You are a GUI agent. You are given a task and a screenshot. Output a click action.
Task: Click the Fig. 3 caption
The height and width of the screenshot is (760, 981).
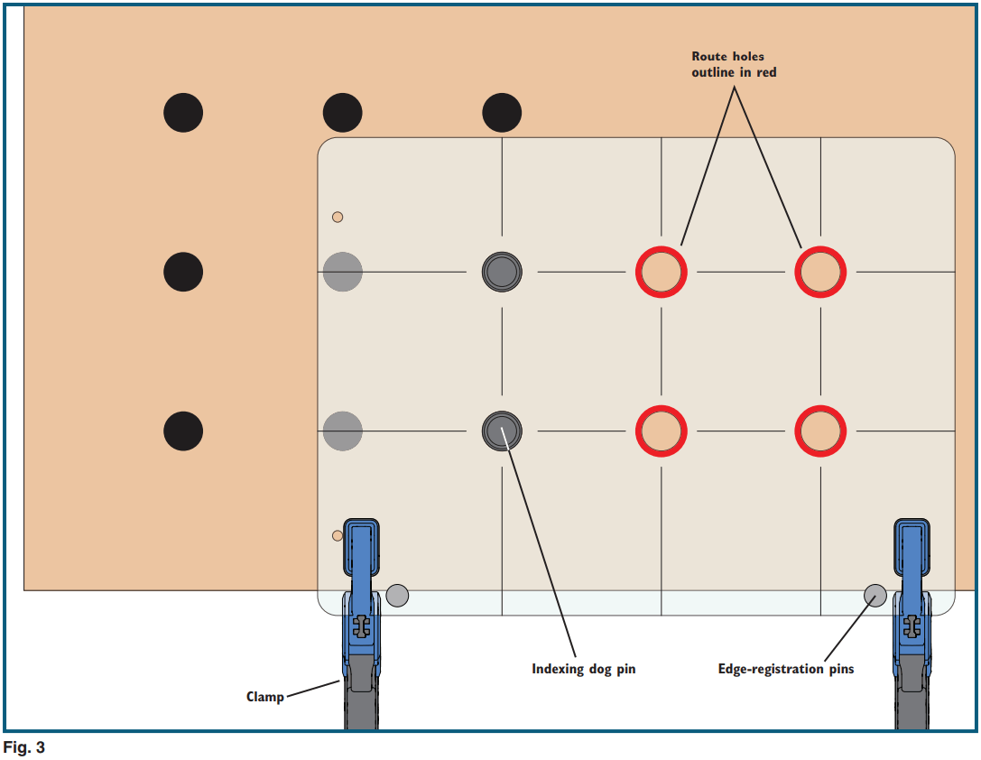24,747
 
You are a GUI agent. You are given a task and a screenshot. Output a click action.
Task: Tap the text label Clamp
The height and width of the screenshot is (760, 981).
264,697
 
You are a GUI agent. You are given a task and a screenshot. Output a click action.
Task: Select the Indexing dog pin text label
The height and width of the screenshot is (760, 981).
583,669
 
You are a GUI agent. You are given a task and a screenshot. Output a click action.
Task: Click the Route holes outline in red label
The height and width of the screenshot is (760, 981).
734,64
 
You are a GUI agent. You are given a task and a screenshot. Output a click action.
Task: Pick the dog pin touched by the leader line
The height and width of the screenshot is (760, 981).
502,431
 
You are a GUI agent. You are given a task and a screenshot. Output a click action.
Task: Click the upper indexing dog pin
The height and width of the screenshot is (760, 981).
502,271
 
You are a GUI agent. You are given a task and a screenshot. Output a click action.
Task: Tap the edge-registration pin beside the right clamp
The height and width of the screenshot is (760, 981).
875,595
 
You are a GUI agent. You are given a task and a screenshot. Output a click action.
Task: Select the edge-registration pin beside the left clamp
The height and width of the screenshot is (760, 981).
397,595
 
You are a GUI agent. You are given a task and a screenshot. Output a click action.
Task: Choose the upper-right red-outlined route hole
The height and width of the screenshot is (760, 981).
820,272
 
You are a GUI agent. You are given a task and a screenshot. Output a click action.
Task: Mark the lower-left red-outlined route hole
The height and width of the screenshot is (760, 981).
662,431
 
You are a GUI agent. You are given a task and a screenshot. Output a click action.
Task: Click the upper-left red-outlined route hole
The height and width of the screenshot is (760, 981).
662,272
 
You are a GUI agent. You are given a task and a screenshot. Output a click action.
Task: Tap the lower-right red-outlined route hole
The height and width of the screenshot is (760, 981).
820,431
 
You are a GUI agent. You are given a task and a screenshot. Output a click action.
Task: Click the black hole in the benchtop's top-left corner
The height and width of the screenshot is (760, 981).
183,113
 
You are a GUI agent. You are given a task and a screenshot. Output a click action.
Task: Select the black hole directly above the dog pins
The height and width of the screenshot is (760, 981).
502,113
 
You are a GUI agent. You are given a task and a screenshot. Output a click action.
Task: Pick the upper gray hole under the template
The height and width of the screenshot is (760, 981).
343,271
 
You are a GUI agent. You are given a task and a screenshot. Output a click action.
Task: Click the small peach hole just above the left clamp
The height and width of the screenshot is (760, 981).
338,535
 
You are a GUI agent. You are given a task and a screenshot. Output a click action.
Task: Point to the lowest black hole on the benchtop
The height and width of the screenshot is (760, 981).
183,431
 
